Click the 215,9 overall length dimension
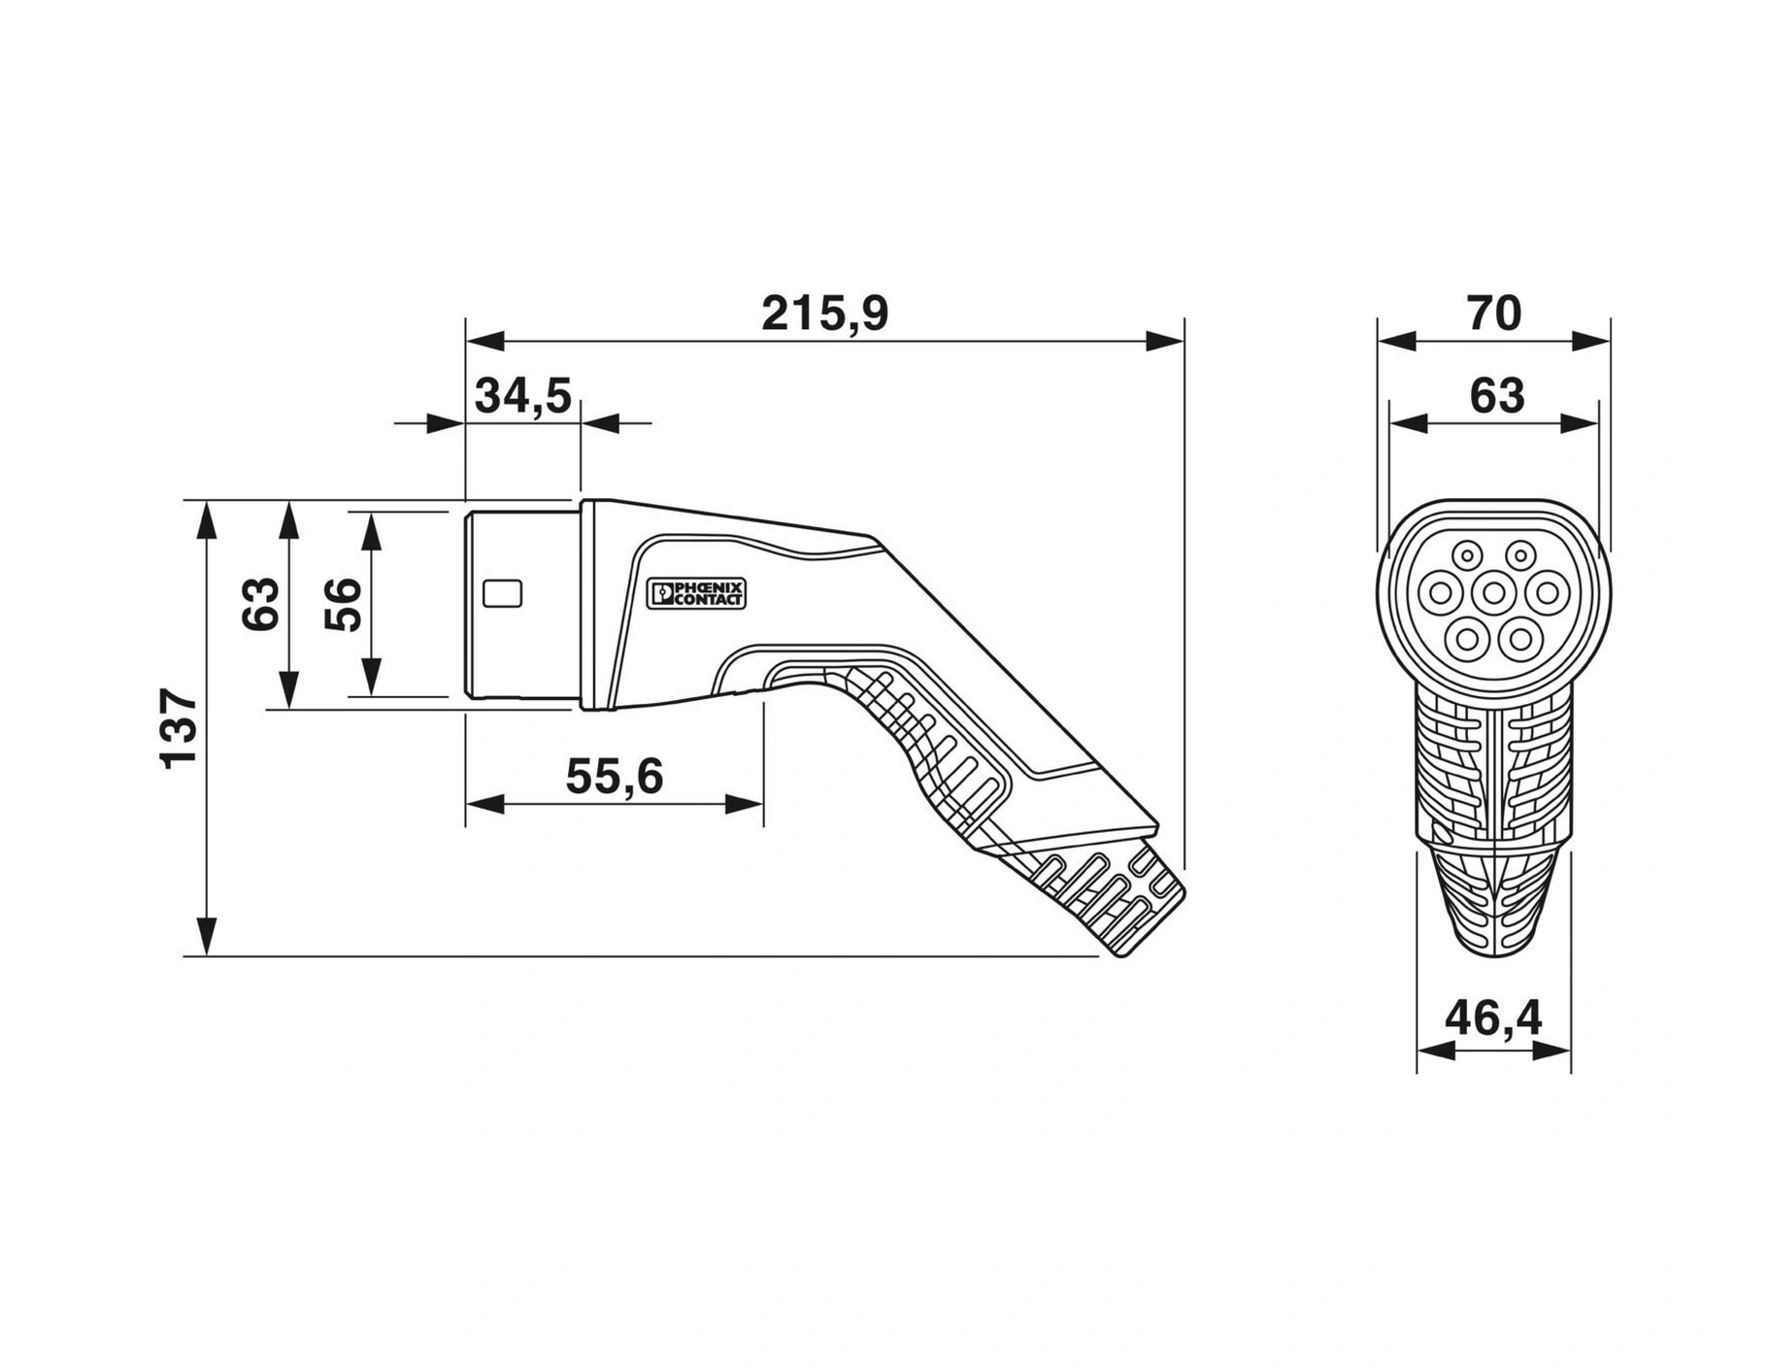(x=824, y=314)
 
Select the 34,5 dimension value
(x=523, y=396)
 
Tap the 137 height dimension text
(x=180, y=728)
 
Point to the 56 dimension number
(x=343, y=604)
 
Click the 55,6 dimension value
(x=615, y=777)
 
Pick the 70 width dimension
(x=1494, y=314)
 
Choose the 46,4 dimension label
(x=1493, y=1018)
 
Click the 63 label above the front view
(x=1497, y=396)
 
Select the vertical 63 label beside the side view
(x=260, y=604)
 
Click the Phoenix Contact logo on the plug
(x=696, y=594)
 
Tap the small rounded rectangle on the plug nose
(x=503, y=593)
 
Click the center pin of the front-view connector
(x=1494, y=592)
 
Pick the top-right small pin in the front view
(x=1519, y=555)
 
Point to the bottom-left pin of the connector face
(x=1467, y=638)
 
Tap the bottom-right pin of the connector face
(x=1520, y=638)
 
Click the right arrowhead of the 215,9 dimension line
(x=1165, y=341)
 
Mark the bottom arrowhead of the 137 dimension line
(x=206, y=937)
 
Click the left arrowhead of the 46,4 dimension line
(x=1436, y=1051)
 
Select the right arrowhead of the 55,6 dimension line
(x=745, y=804)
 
